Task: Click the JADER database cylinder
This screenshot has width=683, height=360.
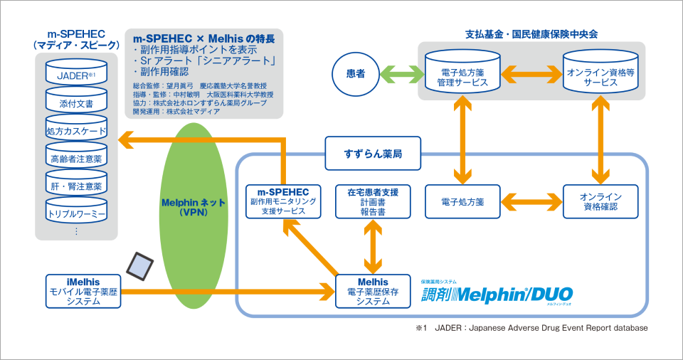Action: click(75, 74)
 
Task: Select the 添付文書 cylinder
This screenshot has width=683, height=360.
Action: click(75, 102)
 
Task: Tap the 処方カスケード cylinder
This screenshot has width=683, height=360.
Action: click(75, 131)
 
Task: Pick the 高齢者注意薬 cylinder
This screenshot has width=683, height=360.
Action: click(75, 159)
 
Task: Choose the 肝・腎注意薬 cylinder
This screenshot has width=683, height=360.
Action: click(75, 186)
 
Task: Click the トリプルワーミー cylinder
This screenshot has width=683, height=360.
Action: click(75, 213)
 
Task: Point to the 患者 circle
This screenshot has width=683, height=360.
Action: click(355, 74)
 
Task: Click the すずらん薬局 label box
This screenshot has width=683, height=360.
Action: click(372, 154)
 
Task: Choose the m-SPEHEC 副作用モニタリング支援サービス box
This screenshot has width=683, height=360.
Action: click(283, 201)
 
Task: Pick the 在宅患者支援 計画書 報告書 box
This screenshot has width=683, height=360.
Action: click(373, 201)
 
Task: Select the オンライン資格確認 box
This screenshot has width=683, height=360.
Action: click(598, 201)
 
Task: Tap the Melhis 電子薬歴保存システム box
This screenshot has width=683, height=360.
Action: click(373, 291)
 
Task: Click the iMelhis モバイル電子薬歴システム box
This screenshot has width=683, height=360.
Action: click(83, 291)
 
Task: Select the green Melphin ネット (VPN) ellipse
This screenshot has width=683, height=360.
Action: click(193, 206)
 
